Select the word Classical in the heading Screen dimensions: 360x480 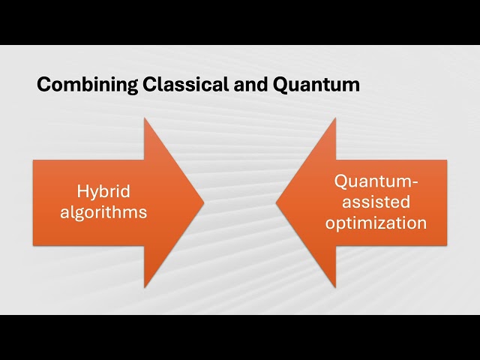[x=178, y=85]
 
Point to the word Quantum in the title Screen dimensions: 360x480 [x=316, y=85]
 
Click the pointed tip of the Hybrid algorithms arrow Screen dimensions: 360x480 [x=204, y=202]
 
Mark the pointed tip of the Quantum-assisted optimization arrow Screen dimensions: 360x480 [x=277, y=202]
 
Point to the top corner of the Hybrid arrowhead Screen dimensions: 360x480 [x=145, y=118]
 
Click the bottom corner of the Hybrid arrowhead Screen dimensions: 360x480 [x=145, y=287]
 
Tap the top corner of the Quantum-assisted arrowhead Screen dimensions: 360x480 [x=335, y=118]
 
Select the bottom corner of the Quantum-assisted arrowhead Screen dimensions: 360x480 [x=335, y=287]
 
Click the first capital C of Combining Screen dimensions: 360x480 [x=43, y=85]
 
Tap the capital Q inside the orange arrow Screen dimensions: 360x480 [x=341, y=181]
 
